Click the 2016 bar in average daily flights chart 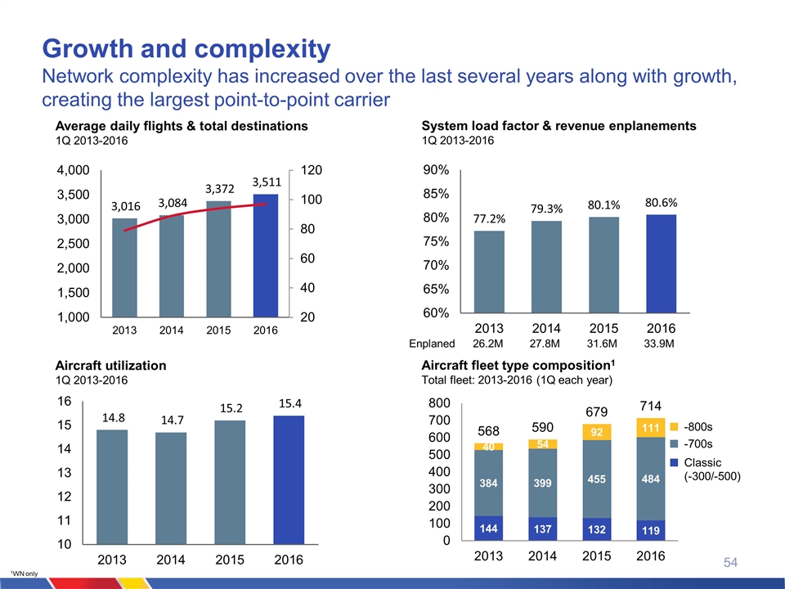266,255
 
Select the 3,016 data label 124,208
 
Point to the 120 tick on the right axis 311,171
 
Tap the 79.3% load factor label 545,210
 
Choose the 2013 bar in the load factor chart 490,272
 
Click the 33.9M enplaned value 659,344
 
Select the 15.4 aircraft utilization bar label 289,404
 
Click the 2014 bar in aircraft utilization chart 171,488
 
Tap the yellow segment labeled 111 650,428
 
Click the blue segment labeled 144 490,528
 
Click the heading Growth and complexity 186,49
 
